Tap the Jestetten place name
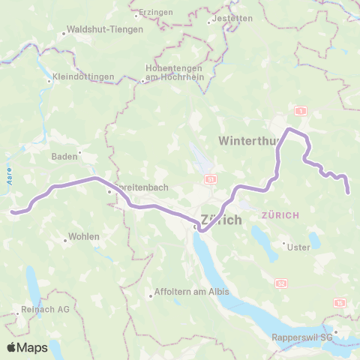tap(231, 17)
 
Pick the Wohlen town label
tap(84, 236)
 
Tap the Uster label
tap(299, 245)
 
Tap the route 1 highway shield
tap(301, 110)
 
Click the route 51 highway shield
tap(211, 179)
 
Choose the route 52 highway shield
tap(281, 283)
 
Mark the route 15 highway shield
tap(340, 302)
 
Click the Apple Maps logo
tap(27, 347)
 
